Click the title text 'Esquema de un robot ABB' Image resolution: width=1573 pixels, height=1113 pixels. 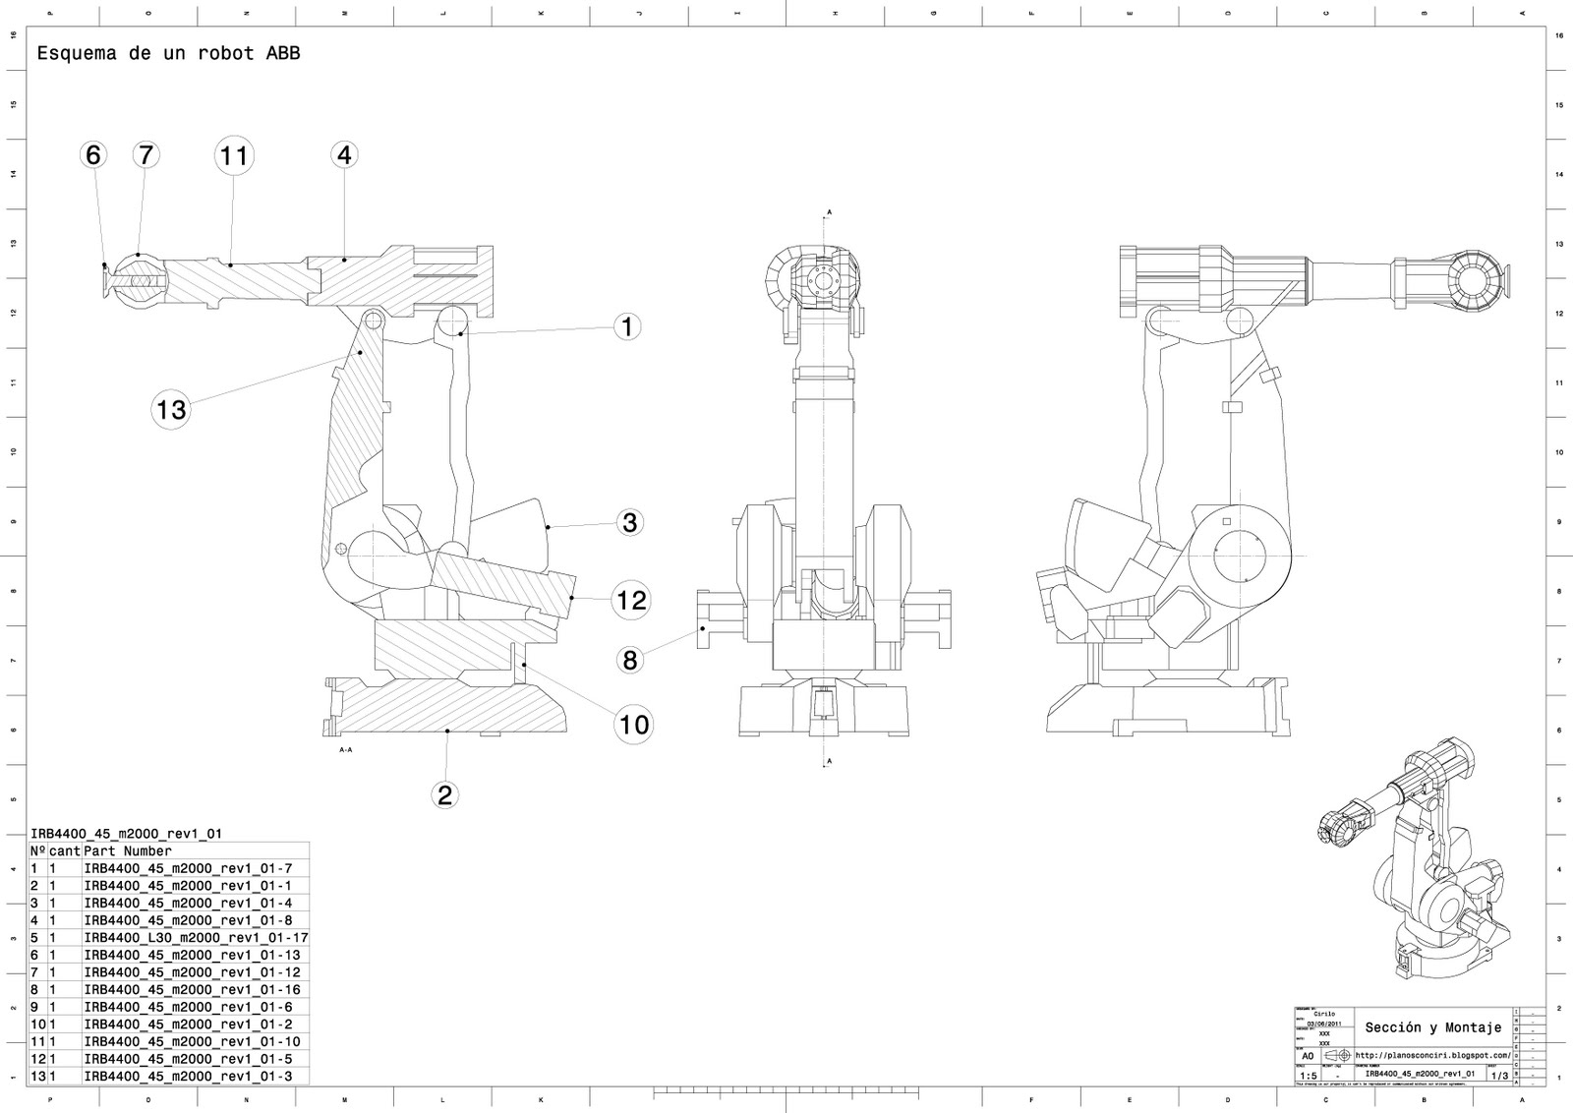pos(168,54)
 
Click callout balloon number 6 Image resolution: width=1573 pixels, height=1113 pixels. pos(92,155)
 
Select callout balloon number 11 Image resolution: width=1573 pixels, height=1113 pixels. pos(233,155)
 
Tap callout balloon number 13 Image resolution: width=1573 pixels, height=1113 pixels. pos(171,408)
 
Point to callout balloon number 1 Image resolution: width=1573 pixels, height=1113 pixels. pos(627,326)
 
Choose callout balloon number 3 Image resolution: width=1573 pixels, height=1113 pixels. pos(629,522)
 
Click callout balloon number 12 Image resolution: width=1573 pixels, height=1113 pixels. pos(631,599)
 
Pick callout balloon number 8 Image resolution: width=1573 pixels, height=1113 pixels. pos(629,659)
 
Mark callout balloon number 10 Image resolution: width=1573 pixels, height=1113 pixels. pos(634,725)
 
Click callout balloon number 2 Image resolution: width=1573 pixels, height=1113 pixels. pos(444,794)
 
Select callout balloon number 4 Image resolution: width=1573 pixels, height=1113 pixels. pos(343,155)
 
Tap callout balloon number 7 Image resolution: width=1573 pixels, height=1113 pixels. pos(146,155)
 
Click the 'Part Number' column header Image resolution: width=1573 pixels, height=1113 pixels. pos(128,851)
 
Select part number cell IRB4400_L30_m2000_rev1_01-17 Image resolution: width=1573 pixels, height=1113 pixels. pos(196,938)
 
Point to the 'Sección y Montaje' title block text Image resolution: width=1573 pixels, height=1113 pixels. pos(1432,1027)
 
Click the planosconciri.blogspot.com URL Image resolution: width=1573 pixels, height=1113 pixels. pos(1431,1055)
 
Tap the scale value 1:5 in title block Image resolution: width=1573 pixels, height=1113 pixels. pos(1308,1077)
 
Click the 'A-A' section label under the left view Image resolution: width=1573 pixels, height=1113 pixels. pos(345,750)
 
